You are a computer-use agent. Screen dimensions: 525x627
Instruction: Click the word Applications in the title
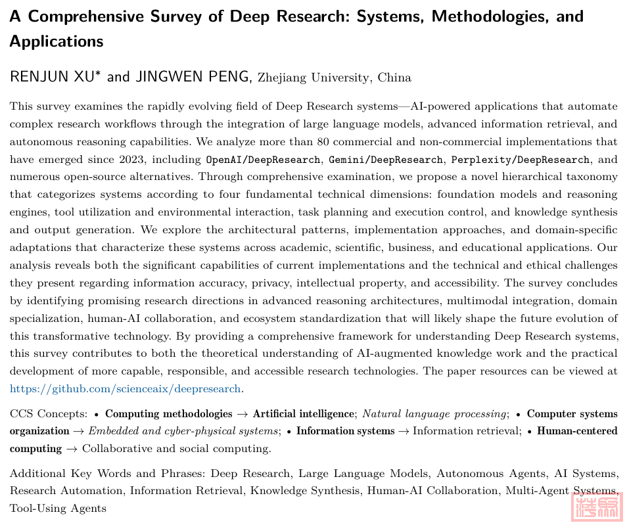coord(57,41)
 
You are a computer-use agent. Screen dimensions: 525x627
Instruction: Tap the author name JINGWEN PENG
coord(193,77)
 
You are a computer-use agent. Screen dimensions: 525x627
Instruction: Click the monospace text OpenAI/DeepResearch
coord(264,159)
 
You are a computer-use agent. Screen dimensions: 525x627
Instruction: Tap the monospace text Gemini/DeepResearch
coord(386,159)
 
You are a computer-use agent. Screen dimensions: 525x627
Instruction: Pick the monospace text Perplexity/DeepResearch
coord(520,159)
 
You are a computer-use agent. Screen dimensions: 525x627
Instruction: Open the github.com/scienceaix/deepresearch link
coord(126,388)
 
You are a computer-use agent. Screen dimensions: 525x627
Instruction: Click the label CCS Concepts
coord(47,414)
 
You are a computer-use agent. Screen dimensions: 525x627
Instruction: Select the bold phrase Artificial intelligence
coord(303,414)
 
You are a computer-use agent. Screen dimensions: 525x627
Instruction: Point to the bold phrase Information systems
coord(345,431)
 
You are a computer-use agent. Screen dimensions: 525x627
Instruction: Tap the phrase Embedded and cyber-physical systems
coord(183,431)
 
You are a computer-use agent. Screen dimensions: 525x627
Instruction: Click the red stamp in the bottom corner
coord(595,506)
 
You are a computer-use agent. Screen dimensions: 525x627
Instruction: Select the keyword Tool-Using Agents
coord(58,508)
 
